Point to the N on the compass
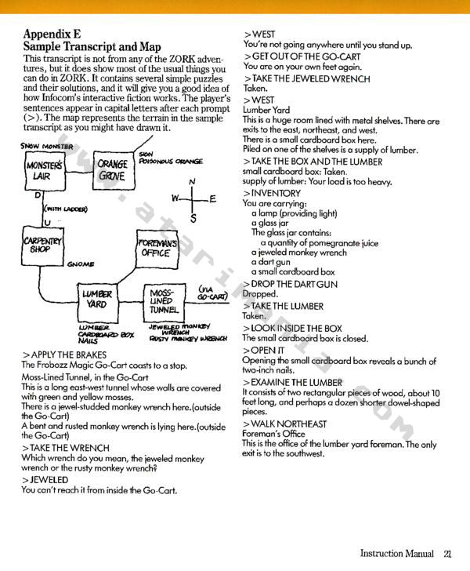193,181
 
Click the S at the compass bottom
193,219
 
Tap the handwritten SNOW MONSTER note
46,147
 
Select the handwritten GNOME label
81,264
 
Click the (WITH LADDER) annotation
66,209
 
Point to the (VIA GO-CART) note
213,293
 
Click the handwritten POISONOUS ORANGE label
171,161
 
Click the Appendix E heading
52,34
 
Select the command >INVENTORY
272,194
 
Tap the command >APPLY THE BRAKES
64,355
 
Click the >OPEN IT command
263,351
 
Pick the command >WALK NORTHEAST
284,424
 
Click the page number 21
447,554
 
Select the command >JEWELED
45,480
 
